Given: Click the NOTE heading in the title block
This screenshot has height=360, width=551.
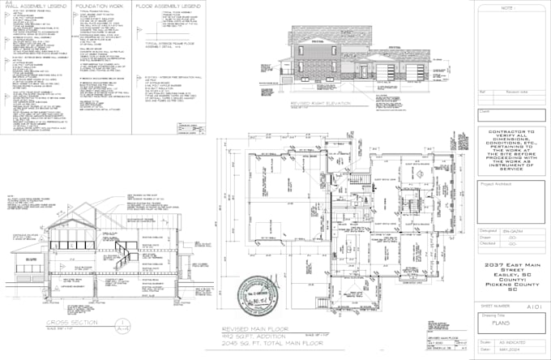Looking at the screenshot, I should tap(507, 7).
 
